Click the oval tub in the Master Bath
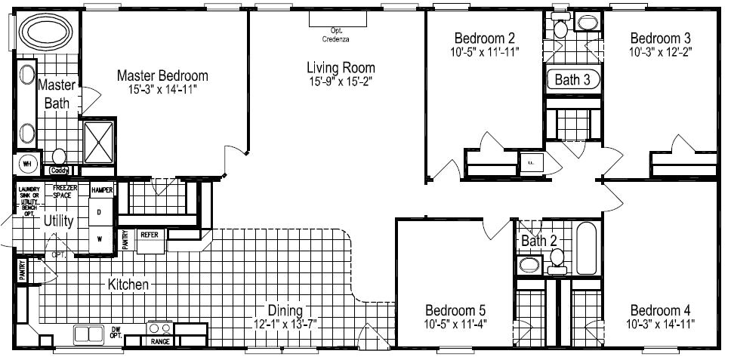click(x=45, y=32)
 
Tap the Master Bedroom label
click(x=162, y=75)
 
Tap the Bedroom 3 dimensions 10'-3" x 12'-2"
click(x=661, y=51)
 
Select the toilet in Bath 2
click(x=557, y=258)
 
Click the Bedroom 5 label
click(x=455, y=310)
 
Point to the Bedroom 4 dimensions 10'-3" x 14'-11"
click(x=661, y=324)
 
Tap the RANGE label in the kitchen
click(x=161, y=341)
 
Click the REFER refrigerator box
click(x=149, y=235)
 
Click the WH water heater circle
click(x=26, y=163)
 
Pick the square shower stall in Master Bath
click(x=99, y=141)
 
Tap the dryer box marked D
click(x=99, y=213)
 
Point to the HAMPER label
click(x=101, y=191)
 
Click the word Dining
click(x=284, y=310)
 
